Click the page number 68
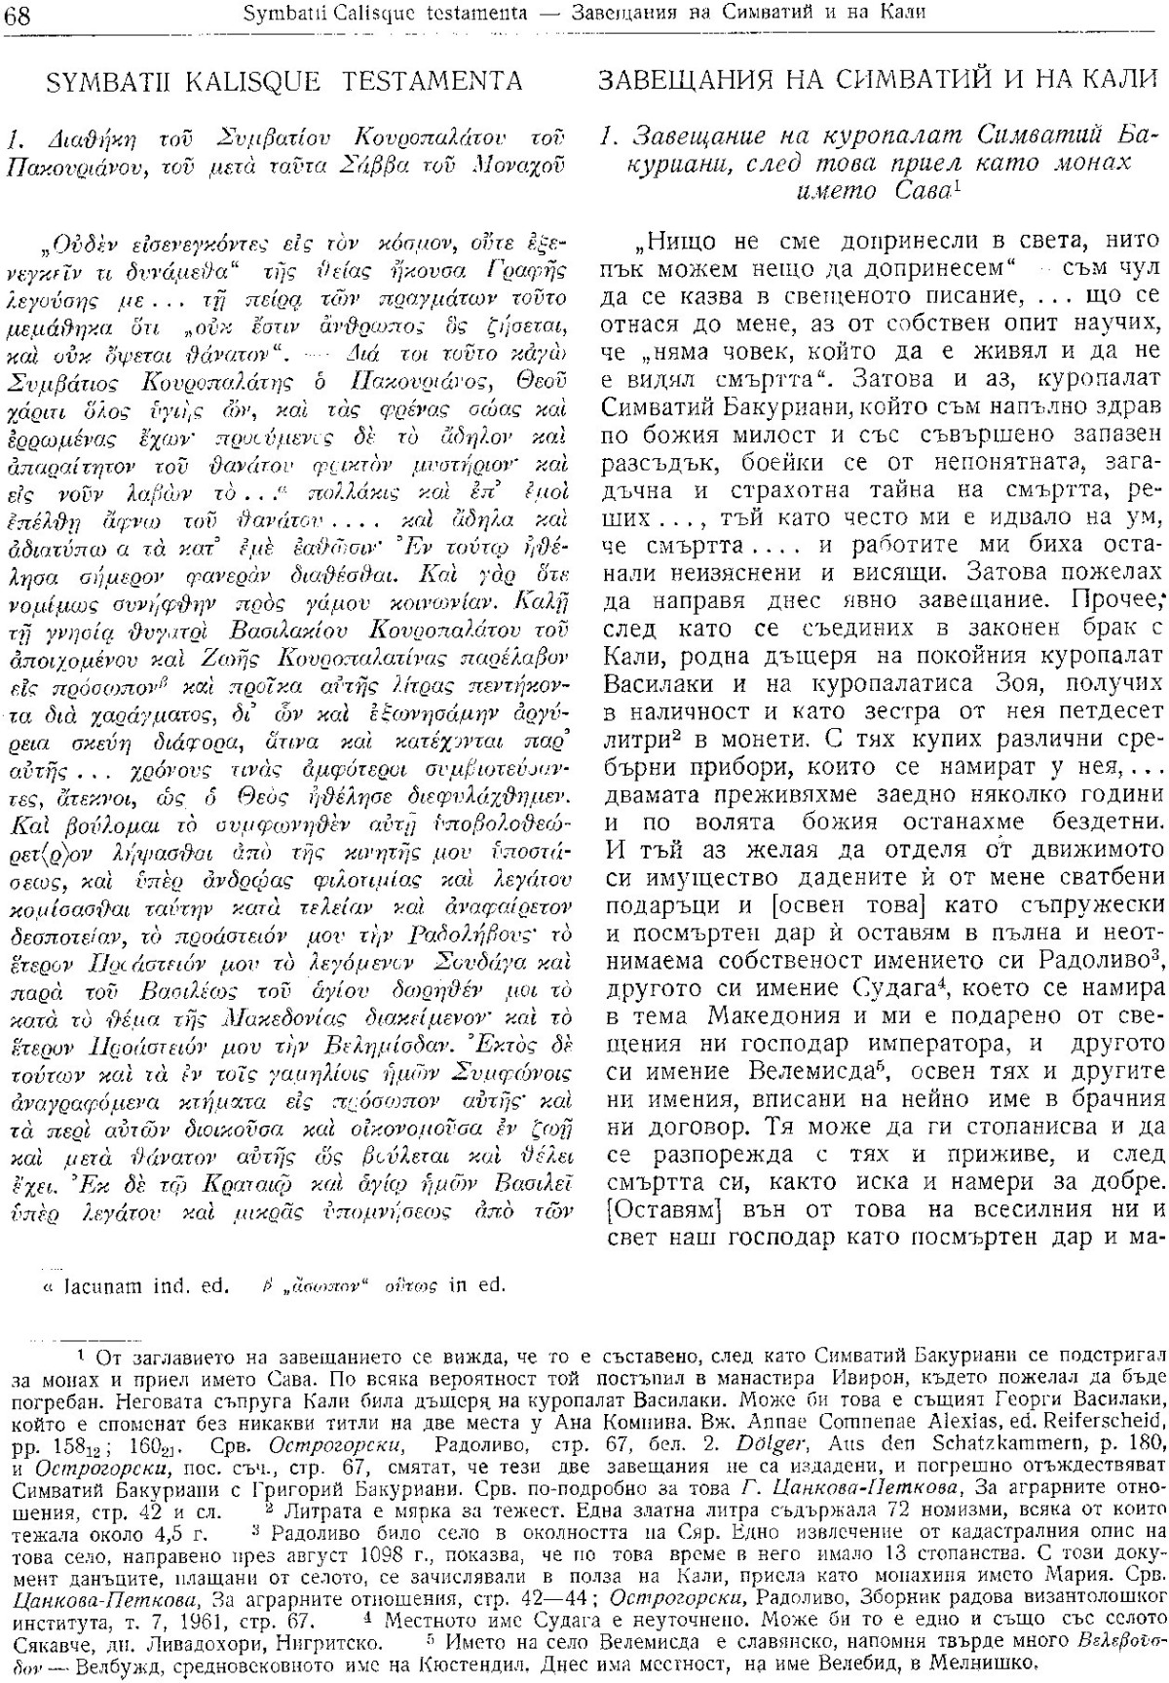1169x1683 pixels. coord(19,14)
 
